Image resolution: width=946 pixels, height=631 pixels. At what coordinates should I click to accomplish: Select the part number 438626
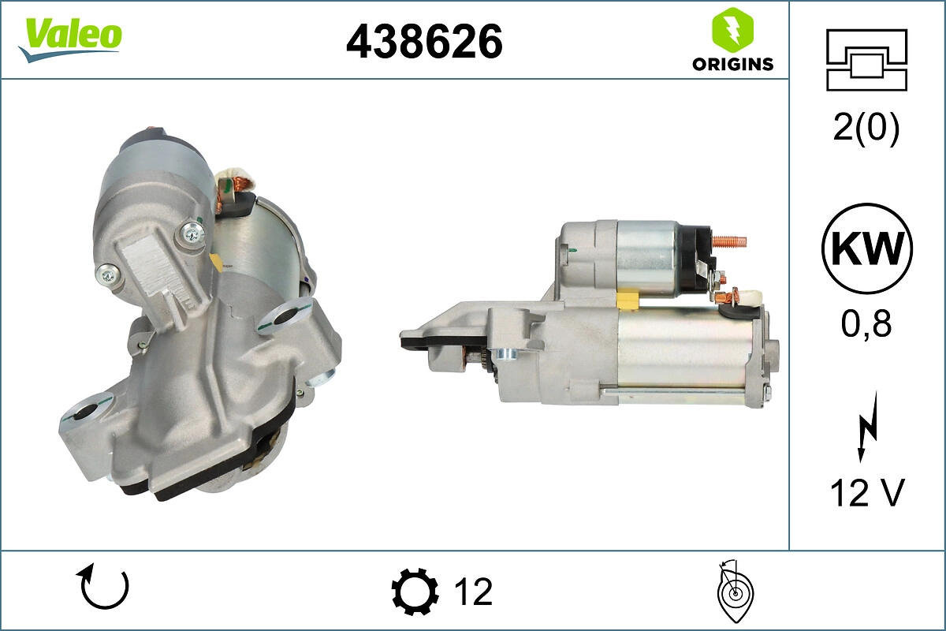point(424,40)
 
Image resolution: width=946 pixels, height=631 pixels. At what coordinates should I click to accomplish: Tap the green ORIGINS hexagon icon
point(732,29)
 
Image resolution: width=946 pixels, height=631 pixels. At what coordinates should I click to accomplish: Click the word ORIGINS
point(732,65)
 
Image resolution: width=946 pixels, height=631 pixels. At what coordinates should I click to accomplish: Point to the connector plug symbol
point(866,60)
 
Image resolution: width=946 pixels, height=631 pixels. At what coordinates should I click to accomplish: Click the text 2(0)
point(866,129)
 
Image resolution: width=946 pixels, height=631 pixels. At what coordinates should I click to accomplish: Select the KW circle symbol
point(866,248)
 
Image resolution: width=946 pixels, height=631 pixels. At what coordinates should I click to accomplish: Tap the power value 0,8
point(866,323)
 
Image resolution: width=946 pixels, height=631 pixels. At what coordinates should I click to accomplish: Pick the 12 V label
point(866,493)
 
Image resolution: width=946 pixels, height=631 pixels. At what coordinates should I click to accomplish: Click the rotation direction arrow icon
point(102,588)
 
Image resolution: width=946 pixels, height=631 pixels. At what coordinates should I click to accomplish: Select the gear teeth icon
point(415,591)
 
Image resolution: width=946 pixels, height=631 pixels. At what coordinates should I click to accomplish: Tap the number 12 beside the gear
point(473,591)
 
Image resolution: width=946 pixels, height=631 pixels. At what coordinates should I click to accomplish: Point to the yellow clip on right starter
point(628,301)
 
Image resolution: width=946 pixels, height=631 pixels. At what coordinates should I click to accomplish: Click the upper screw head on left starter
point(191,232)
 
